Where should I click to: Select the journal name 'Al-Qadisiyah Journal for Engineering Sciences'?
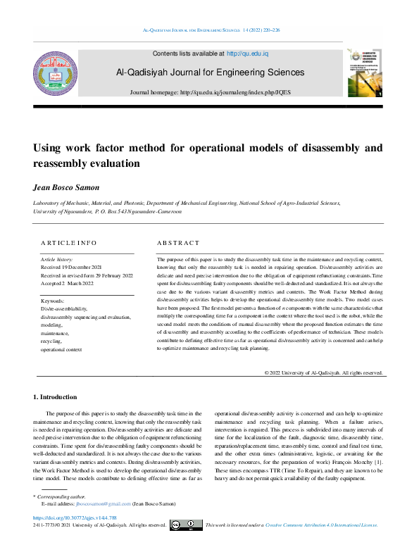[x=210, y=73]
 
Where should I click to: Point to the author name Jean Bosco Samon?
[x=65, y=188]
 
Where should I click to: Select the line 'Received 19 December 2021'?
[x=73, y=268]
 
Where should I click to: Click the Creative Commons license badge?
[x=186, y=525]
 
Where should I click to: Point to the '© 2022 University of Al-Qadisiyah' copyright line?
[x=323, y=373]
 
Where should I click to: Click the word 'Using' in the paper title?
[x=49, y=149]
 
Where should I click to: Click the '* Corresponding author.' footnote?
[x=62, y=497]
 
